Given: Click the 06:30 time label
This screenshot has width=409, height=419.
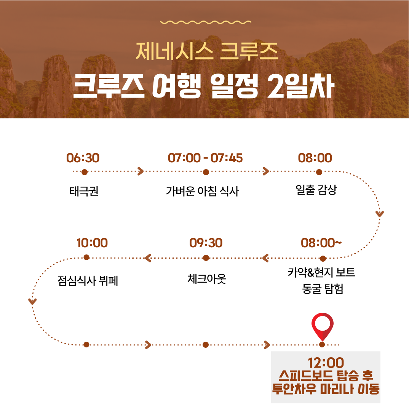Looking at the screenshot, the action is [x=83, y=158].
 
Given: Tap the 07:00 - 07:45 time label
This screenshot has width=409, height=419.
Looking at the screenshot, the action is [x=205, y=158].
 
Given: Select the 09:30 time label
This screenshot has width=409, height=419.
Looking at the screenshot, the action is [x=206, y=243].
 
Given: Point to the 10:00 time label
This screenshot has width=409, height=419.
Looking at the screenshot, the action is [x=92, y=243].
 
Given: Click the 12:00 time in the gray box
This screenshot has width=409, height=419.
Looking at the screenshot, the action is [x=326, y=363].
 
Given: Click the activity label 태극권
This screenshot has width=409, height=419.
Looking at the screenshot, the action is [x=84, y=191].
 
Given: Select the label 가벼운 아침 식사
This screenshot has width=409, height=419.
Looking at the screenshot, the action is [x=202, y=191].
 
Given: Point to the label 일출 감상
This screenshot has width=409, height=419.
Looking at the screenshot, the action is [x=316, y=190].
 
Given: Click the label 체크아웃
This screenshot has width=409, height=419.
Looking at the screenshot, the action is [x=207, y=279].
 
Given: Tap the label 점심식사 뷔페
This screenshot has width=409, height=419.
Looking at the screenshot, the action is [x=88, y=281].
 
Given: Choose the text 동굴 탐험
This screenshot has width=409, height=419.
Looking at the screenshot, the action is [x=323, y=289].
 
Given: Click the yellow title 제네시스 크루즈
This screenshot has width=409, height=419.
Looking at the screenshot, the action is [x=207, y=51].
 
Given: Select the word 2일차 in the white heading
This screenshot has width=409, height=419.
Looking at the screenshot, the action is [x=300, y=86].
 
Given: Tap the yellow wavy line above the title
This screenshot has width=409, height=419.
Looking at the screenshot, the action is [x=206, y=22].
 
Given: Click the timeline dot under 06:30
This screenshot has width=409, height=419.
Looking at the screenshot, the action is [x=85, y=172].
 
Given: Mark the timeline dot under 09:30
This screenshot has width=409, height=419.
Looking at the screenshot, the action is [x=206, y=258].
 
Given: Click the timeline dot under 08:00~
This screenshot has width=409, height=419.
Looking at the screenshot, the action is [x=323, y=258].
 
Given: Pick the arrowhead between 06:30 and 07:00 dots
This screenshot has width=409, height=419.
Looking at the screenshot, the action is [x=141, y=171].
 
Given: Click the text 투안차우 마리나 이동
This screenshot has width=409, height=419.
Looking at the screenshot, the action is [x=326, y=389].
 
